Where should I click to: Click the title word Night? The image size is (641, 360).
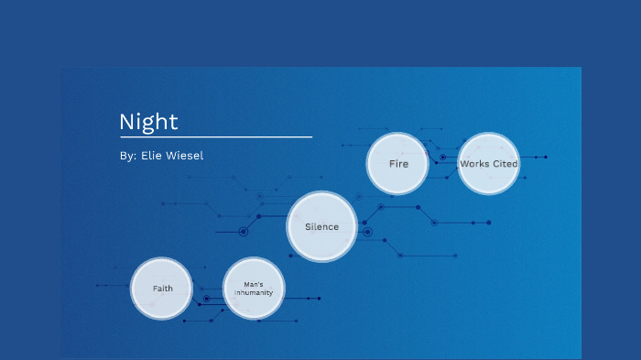point(148,122)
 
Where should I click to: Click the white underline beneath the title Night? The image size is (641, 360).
point(215,136)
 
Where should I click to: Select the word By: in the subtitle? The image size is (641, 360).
point(127,156)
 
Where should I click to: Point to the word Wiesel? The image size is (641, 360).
point(185,156)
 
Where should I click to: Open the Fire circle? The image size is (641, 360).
point(397,164)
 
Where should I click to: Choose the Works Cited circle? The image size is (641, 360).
point(489,164)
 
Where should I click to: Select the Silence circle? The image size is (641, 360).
point(321,226)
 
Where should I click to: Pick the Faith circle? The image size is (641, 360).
point(162,289)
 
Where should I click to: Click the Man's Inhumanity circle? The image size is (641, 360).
point(254,289)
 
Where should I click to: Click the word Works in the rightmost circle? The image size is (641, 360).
point(474,164)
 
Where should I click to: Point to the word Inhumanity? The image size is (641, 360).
point(254,293)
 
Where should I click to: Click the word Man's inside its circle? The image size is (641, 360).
point(254,284)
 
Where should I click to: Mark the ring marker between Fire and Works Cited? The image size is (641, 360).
point(442,158)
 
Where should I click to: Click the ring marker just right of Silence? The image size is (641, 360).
point(367,232)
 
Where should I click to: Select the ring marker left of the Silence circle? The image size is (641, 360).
point(244,232)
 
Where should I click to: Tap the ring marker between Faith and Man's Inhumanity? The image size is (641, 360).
point(207,299)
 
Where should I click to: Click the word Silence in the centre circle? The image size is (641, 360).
point(321,226)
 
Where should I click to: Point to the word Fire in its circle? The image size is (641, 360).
point(397,164)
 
